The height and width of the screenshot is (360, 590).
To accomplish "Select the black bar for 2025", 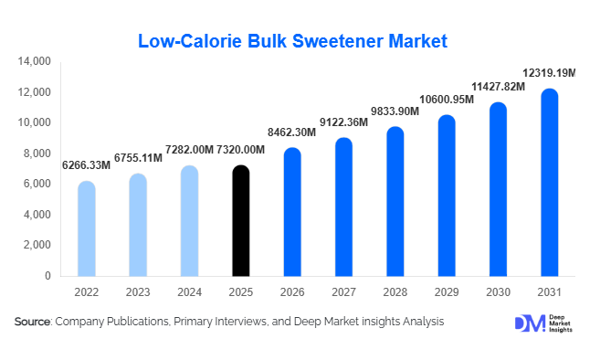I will click(x=240, y=221).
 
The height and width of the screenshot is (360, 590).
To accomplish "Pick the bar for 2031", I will click(x=549, y=183).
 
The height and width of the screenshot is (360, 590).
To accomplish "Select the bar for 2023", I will click(x=137, y=225).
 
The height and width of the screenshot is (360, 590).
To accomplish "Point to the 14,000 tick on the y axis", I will click(x=34, y=61).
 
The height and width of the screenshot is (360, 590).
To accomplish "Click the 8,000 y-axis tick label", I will click(x=37, y=154).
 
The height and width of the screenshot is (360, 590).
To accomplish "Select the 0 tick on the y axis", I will click(x=47, y=276).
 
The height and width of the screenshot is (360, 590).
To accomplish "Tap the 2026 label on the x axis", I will click(x=291, y=291).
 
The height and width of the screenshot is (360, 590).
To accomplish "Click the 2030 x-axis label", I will click(x=498, y=291).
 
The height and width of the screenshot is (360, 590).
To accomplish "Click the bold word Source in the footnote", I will click(x=32, y=323).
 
